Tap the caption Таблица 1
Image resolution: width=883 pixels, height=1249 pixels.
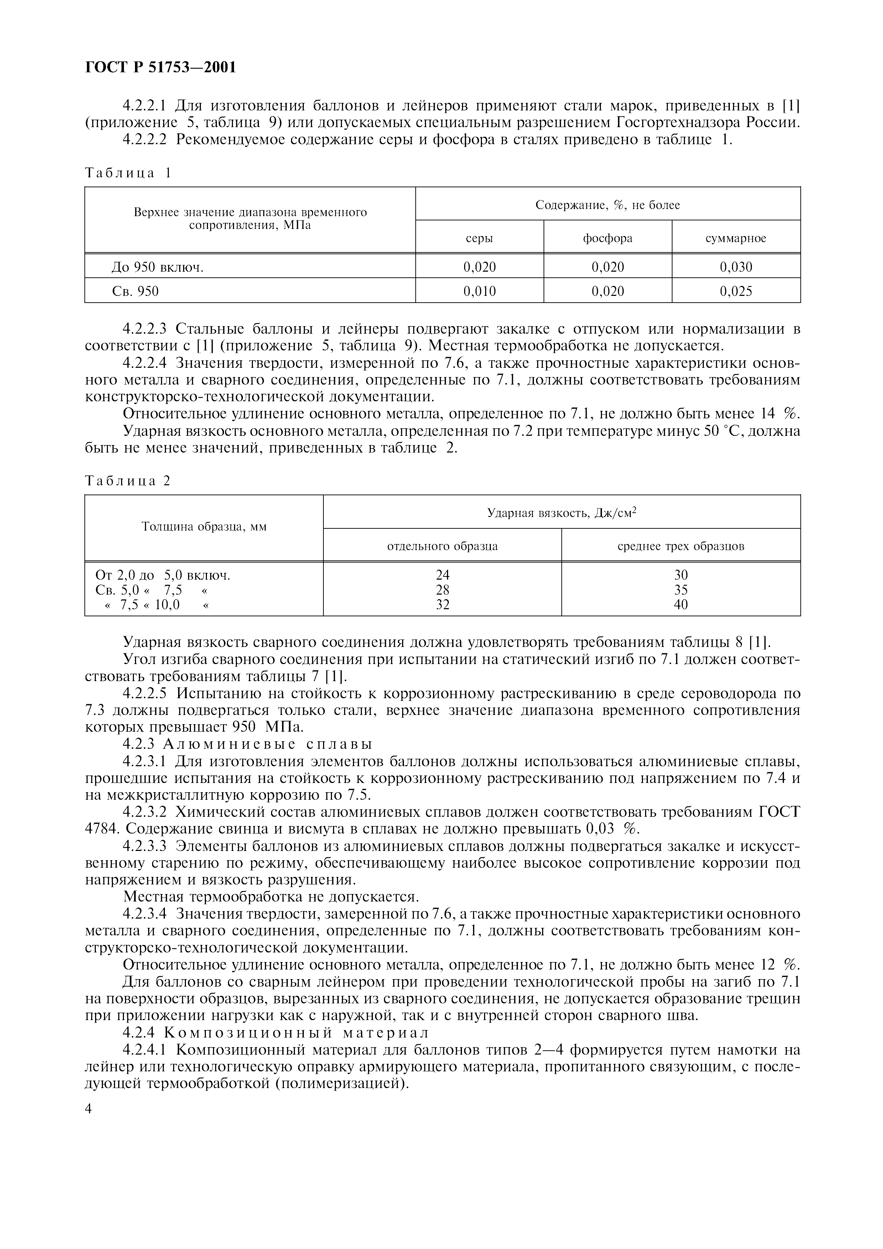(x=128, y=173)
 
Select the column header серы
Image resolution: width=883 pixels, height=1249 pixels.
(x=479, y=238)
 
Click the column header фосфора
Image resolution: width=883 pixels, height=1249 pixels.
(x=608, y=238)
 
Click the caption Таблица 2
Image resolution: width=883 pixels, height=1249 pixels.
(x=128, y=481)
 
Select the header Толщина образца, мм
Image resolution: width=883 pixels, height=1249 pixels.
(x=204, y=527)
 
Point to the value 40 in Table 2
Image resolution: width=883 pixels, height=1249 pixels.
(x=681, y=604)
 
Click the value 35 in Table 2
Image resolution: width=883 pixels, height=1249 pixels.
(x=681, y=590)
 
